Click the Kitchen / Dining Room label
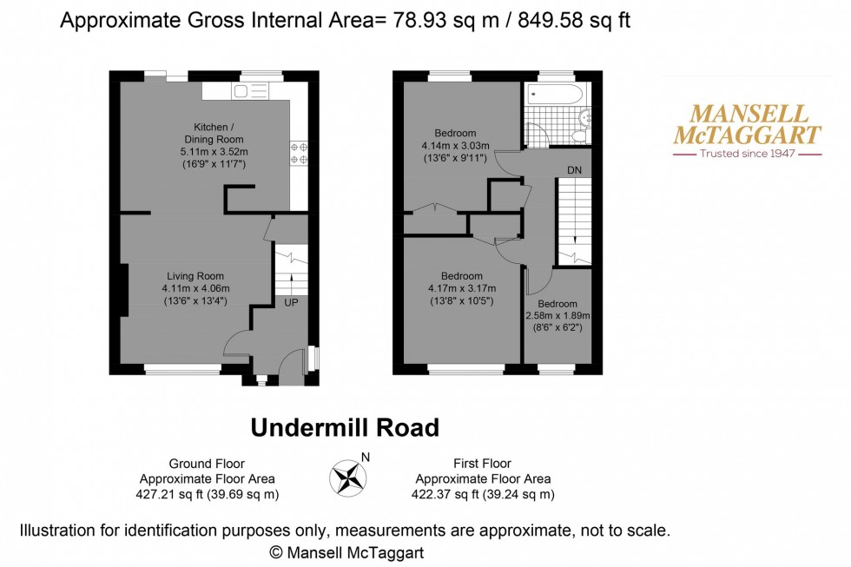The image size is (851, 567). pos(213,132)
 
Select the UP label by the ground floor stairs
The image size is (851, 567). pos(290,302)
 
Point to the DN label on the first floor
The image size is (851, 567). pos(574,170)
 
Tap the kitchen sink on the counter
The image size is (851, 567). pos(247,90)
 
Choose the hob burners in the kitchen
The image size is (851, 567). pos(300,153)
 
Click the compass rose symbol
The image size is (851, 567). pos(347,477)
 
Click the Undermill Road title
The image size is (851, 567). pos(345,427)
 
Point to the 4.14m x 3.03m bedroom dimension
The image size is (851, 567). pos(455,146)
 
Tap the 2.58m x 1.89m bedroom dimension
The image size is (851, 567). pos(557,315)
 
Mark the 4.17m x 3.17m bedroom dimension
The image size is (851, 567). pos(461,289)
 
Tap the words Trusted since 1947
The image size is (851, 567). pos(748,154)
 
